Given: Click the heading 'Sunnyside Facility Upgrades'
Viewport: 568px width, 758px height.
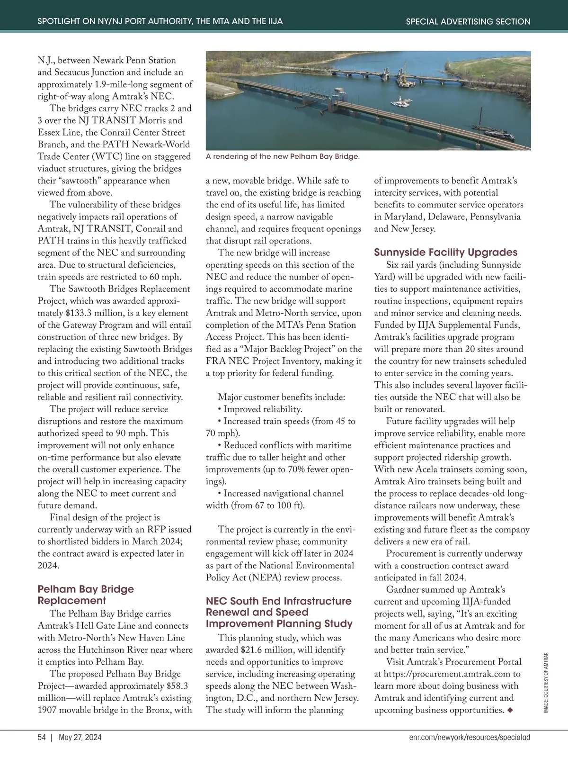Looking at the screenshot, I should [x=445, y=252].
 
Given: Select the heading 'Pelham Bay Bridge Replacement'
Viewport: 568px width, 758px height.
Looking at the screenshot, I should [x=86, y=595].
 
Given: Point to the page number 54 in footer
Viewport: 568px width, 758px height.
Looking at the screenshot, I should [x=42, y=737].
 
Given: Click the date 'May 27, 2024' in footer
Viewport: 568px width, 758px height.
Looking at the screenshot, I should [x=80, y=737].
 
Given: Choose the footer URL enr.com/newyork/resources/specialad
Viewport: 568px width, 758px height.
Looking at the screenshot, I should [x=470, y=737].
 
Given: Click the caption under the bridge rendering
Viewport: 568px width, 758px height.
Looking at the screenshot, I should [x=283, y=156].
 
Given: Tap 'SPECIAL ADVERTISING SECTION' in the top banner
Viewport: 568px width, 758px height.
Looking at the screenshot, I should [x=468, y=21].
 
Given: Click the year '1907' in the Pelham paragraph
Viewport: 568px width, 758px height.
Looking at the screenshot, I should [x=47, y=710].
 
